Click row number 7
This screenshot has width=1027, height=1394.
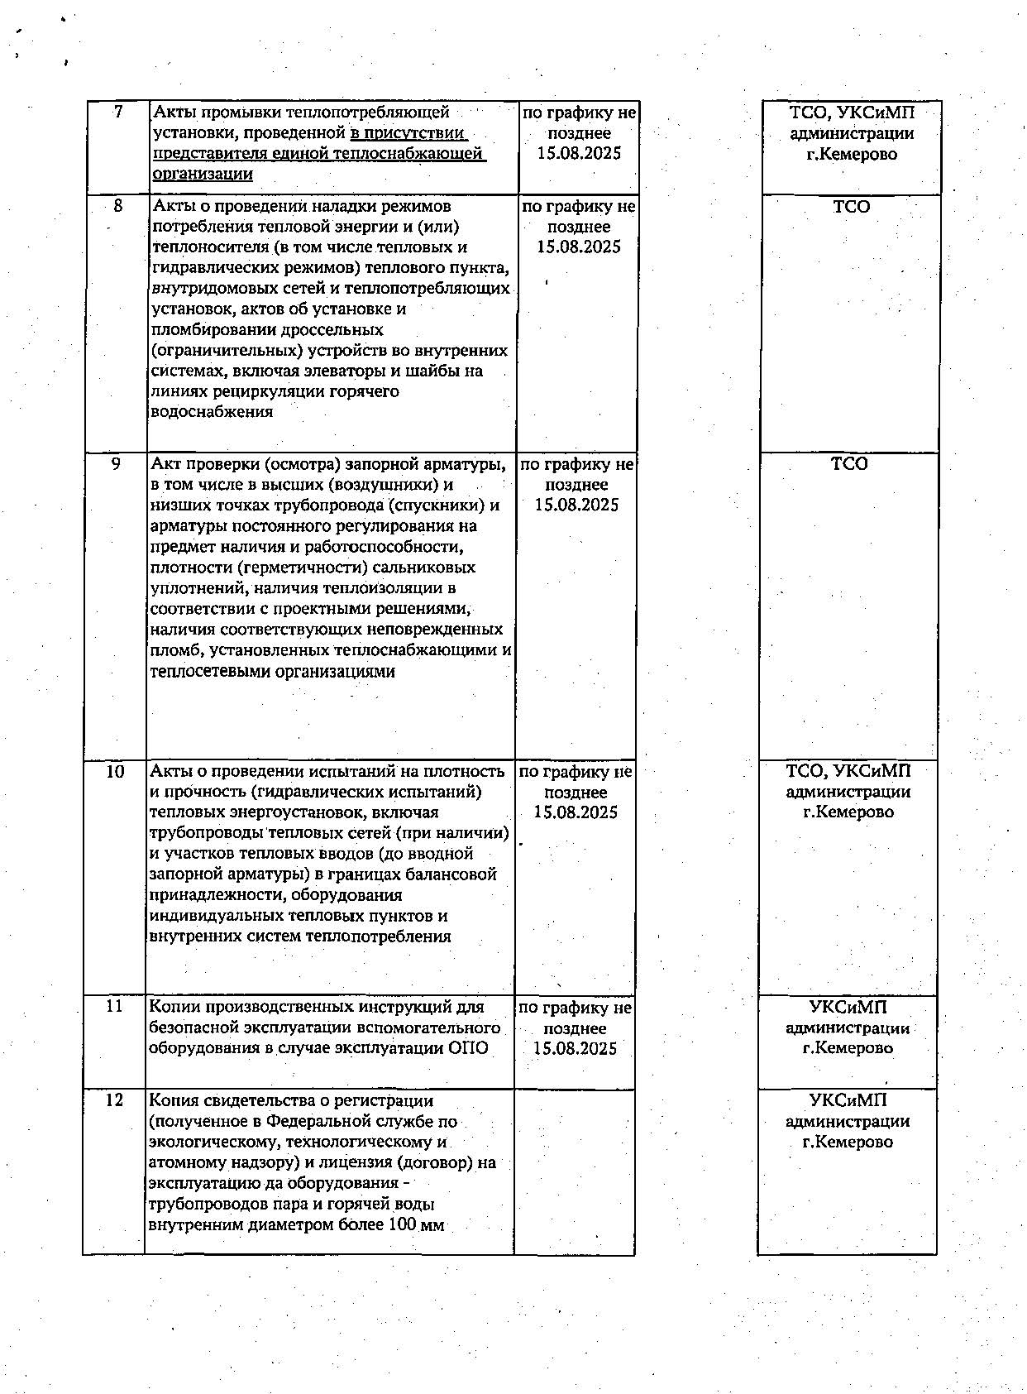point(119,113)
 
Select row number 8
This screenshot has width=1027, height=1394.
point(117,206)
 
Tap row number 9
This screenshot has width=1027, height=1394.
point(116,464)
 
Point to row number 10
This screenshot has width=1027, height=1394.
point(115,771)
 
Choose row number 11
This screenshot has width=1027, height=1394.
point(114,1007)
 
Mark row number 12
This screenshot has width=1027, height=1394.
point(114,1100)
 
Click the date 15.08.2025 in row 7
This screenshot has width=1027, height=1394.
point(579,153)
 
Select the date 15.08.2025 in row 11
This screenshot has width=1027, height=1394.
point(575,1048)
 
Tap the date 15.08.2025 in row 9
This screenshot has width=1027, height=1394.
point(576,505)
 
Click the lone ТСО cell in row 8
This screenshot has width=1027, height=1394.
point(852,207)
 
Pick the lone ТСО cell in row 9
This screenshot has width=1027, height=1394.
point(849,464)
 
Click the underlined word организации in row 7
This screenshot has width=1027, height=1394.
point(203,174)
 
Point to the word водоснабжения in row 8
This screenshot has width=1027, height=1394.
point(212,411)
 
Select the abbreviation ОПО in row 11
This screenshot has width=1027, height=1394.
point(468,1048)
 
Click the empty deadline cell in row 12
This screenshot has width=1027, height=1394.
point(575,1171)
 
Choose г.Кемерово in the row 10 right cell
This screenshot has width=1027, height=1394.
point(848,812)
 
